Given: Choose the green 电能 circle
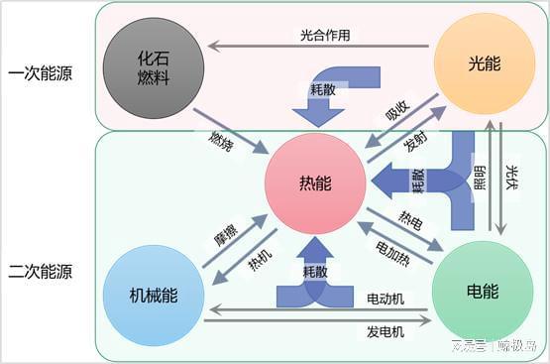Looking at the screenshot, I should pyautogui.click(x=482, y=293).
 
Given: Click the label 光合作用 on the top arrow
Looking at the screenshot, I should pyautogui.click(x=325, y=34).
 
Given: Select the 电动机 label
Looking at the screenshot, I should pyautogui.click(x=386, y=299).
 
